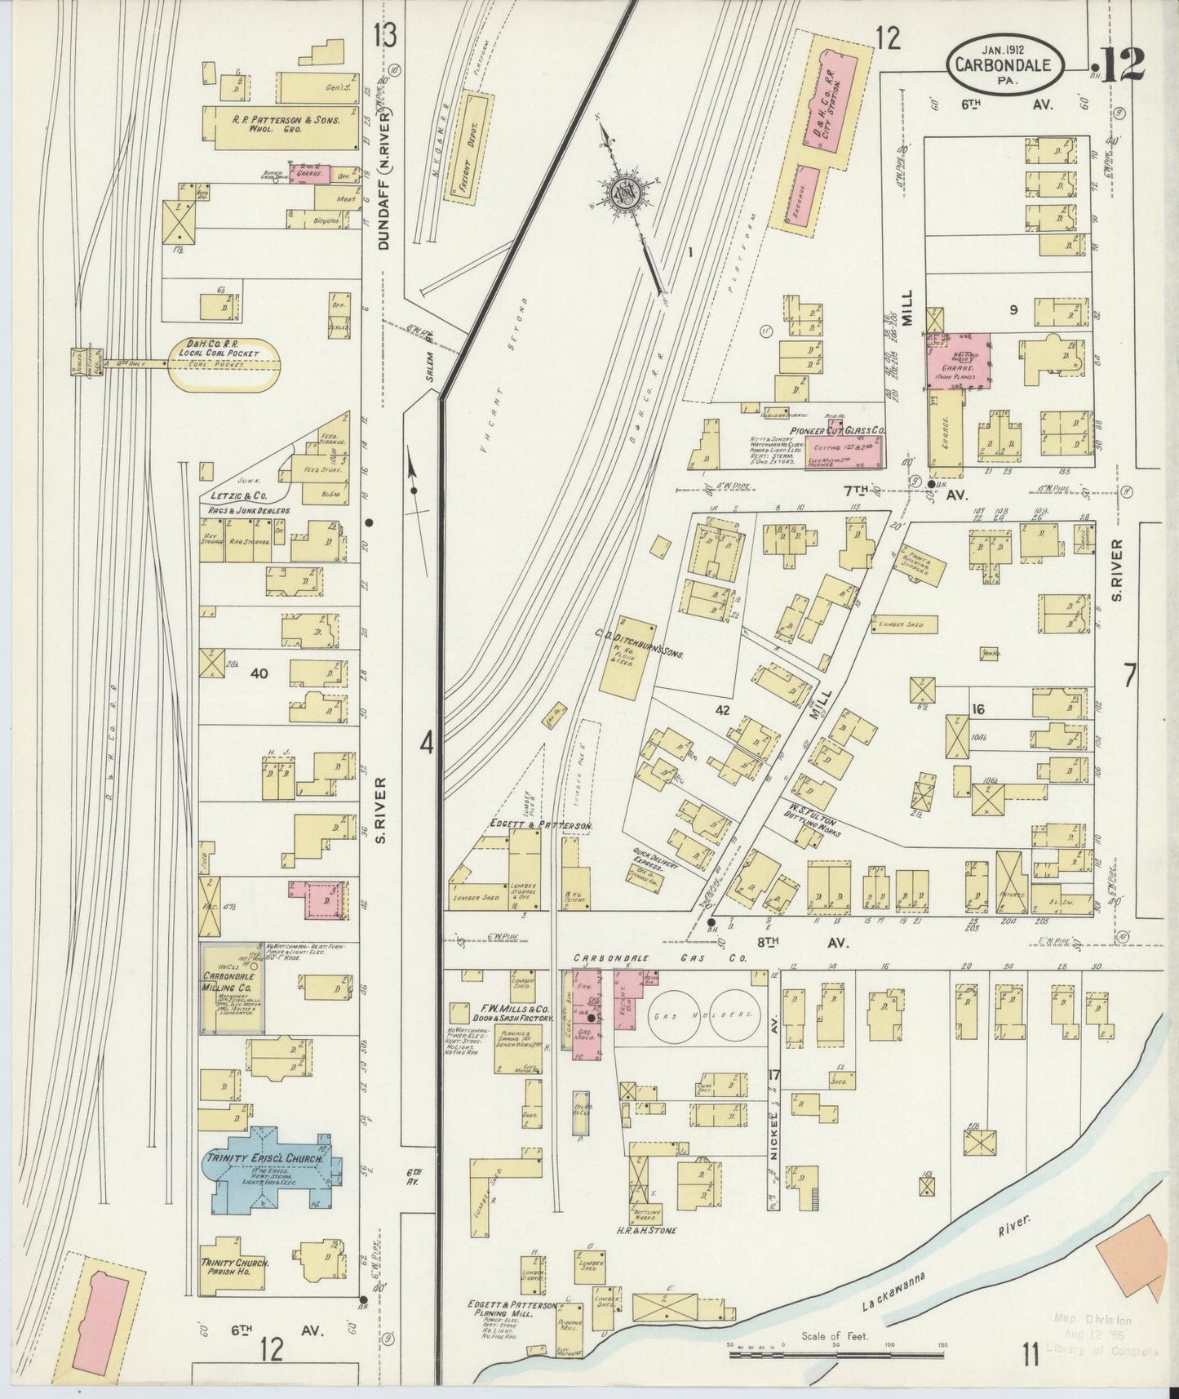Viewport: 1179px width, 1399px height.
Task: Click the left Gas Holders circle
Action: click(x=677, y=1014)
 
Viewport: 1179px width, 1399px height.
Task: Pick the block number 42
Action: click(x=722, y=710)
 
